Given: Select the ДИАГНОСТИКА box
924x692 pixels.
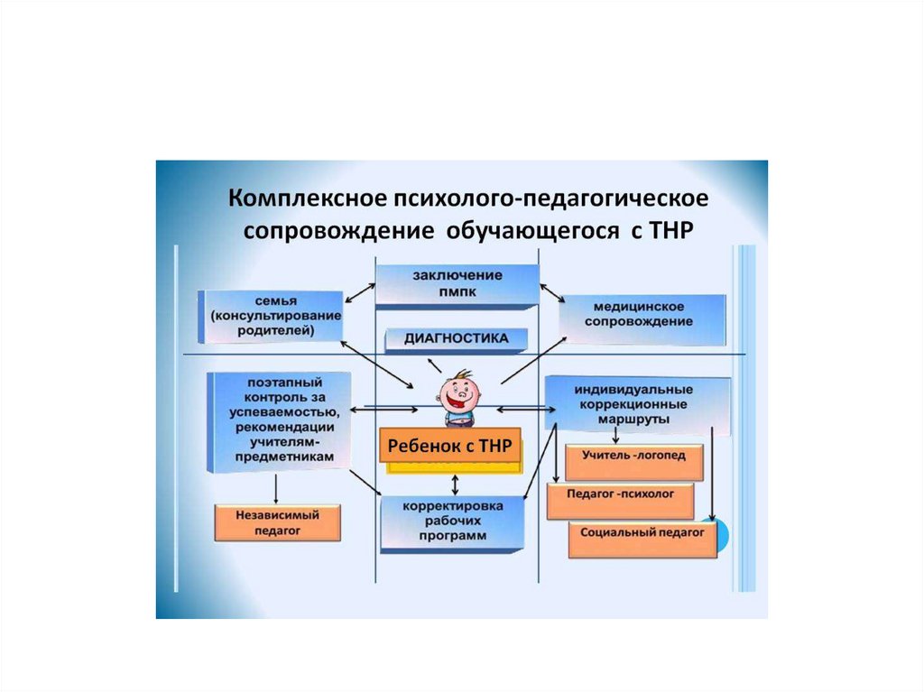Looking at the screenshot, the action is click(x=457, y=339).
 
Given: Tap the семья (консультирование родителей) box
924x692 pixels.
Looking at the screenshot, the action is click(x=272, y=315).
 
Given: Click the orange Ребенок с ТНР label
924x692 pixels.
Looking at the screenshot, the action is click(x=449, y=445).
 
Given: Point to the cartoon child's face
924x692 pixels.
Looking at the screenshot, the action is click(x=461, y=393).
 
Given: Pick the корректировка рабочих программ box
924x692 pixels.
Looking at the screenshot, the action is click(x=452, y=521).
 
